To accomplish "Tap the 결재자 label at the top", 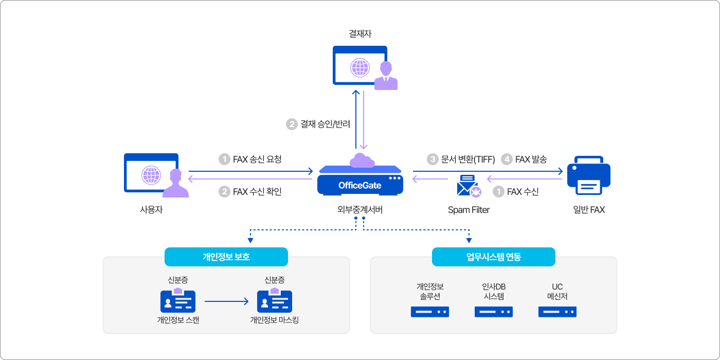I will click(360, 34).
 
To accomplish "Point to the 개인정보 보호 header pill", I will click(226, 257).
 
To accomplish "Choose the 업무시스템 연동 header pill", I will click(493, 257).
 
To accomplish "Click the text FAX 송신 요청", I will click(257, 159).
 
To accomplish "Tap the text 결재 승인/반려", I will click(325, 124).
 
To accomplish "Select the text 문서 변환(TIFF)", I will click(468, 159).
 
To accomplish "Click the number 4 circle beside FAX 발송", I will click(507, 159).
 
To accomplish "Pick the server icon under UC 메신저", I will click(557, 312).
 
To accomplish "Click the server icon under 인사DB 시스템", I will click(494, 312).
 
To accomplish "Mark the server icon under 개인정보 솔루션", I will click(430, 312).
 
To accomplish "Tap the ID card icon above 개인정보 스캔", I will click(178, 301).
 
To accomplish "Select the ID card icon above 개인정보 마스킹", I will click(275, 301).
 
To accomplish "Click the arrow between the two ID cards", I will click(226, 301).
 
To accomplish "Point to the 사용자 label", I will click(151, 210).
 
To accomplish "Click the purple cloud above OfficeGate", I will click(362, 160).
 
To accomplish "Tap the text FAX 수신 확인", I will click(257, 192).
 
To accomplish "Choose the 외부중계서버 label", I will click(359, 210).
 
